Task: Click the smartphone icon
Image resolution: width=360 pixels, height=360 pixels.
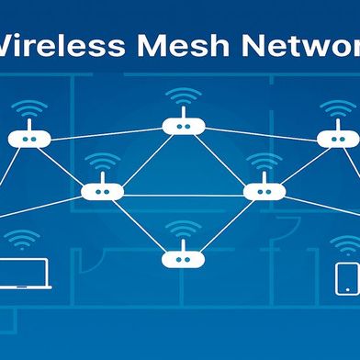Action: (x=345, y=276)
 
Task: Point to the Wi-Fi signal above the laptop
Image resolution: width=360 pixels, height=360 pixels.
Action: (x=27, y=241)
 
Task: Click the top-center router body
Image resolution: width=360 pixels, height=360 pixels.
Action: (x=182, y=127)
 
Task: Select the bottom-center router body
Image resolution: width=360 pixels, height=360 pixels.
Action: (x=181, y=259)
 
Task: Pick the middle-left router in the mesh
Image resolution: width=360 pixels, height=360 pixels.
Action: (x=102, y=192)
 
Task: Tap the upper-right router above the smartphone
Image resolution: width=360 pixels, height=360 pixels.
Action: (x=337, y=139)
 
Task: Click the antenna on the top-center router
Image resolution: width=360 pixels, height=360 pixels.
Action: (x=182, y=114)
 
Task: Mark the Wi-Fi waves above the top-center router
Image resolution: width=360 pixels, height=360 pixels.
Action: (x=182, y=96)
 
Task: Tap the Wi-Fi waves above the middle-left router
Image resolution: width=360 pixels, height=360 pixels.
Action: (x=102, y=163)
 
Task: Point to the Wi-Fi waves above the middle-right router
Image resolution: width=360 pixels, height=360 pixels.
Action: (x=264, y=163)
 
